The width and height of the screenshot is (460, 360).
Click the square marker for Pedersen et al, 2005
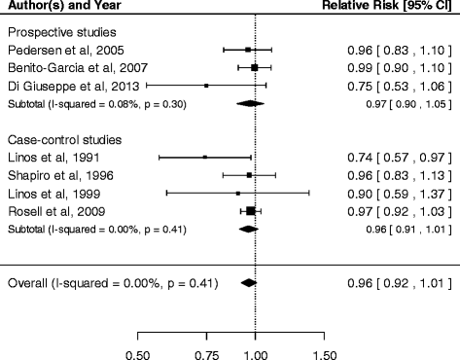[248, 50]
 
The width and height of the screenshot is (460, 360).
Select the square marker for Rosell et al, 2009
[251, 211]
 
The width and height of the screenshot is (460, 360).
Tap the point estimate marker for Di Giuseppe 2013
[206, 86]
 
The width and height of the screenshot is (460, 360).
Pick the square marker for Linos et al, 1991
[205, 158]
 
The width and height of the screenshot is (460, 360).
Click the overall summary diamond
[249, 283]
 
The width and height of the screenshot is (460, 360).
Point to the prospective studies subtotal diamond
[250, 104]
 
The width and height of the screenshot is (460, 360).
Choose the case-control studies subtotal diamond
[249, 230]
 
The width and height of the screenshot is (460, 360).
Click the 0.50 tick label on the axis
[138, 355]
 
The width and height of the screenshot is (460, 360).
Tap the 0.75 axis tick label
[206, 355]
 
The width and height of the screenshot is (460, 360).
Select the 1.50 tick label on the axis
[325, 355]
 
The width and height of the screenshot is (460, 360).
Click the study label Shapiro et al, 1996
[60, 175]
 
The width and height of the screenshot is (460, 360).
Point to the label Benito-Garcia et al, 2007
[78, 68]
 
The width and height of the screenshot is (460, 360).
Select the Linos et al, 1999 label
[54, 194]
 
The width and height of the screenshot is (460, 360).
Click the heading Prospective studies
[62, 32]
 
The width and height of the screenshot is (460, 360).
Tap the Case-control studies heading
[65, 140]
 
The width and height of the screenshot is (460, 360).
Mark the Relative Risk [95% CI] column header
[387, 6]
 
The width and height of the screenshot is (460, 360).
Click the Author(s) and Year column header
[64, 6]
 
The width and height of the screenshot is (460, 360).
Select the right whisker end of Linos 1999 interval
[309, 194]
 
